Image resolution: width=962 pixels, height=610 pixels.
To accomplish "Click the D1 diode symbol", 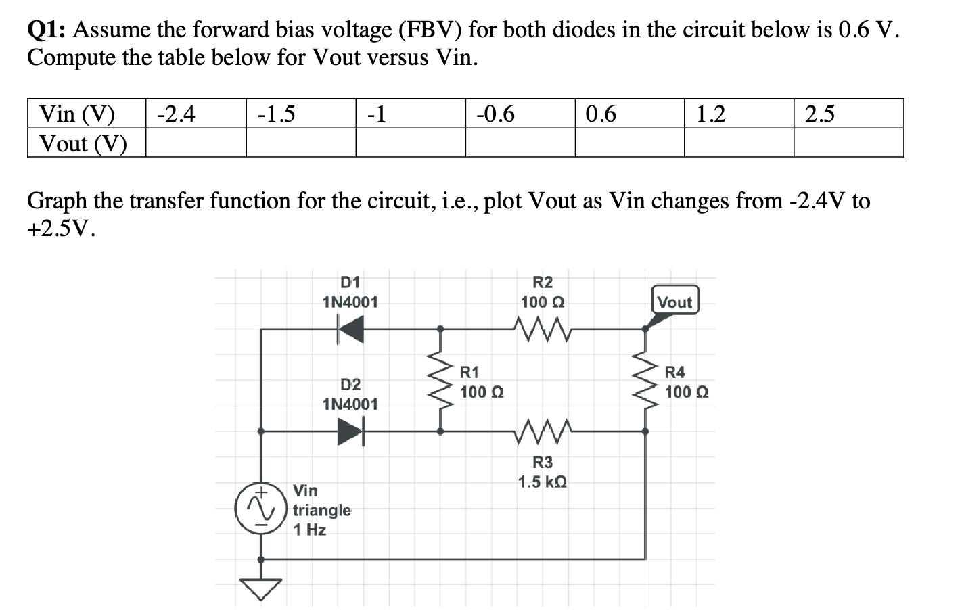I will [350, 330].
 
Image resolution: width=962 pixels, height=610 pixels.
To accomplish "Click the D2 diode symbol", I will [350, 431].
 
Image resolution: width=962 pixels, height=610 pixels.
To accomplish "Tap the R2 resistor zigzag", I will [543, 329].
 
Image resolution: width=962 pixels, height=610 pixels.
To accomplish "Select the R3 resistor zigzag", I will [543, 431].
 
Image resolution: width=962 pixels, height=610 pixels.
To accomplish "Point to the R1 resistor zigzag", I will [440, 381].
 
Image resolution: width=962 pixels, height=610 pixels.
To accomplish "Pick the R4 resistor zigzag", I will [645, 381].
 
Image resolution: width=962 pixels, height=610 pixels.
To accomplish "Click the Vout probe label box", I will [674, 302].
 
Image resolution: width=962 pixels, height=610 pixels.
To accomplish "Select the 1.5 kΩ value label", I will [543, 482].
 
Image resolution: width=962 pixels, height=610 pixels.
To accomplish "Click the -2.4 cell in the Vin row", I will [196, 114].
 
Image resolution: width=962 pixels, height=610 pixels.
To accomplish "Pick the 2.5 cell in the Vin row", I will [848, 114].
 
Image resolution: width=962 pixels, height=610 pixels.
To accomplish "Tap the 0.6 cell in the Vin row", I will [629, 114].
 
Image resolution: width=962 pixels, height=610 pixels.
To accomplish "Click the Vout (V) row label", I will [84, 143].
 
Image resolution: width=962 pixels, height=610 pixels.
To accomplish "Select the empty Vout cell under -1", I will [411, 143].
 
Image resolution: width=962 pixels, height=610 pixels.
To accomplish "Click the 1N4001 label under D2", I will [350, 404].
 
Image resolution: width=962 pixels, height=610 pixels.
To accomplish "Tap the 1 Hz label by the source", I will [309, 530].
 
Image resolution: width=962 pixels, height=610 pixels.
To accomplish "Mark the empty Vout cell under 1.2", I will [739, 143].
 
